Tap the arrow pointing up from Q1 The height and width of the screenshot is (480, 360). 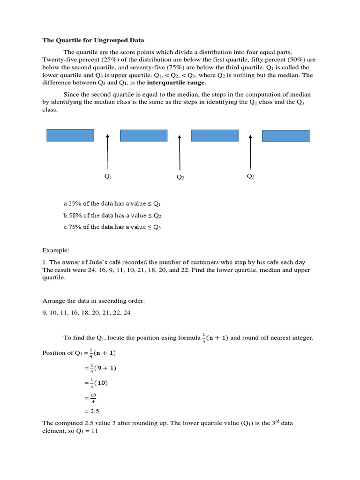click(108, 152)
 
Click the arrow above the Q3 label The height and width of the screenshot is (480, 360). click(250, 152)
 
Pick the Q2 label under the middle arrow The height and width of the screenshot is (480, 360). click(180, 177)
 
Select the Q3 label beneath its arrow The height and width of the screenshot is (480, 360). click(250, 176)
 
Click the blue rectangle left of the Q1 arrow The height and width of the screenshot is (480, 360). click(70, 135)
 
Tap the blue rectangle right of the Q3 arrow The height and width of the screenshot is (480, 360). click(285, 135)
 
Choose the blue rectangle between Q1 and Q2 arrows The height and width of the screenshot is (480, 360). click(143, 135)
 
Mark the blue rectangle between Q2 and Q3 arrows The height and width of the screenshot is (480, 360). click(215, 135)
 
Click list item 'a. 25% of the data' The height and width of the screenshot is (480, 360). click(112, 204)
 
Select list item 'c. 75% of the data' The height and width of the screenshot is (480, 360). click(112, 227)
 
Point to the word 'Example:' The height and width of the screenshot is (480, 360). click(55, 251)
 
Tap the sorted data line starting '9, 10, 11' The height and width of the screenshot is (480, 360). click(86, 313)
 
